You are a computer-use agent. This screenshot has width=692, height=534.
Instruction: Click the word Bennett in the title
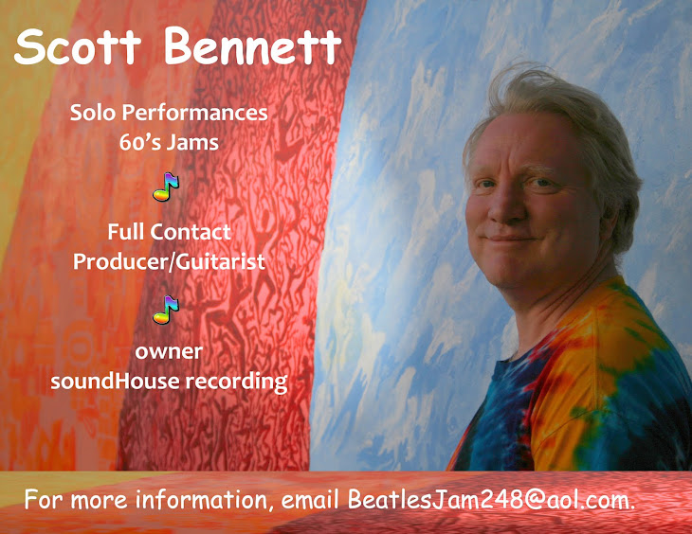252,47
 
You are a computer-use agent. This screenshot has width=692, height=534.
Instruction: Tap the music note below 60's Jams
166,187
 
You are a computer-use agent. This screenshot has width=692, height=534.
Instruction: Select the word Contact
196,231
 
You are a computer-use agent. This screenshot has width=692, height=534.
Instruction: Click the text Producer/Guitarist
169,260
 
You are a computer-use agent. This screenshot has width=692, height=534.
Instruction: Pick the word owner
169,351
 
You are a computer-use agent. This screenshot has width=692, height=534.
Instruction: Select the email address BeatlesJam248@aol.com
492,499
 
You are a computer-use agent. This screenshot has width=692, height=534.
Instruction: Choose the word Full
125,231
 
